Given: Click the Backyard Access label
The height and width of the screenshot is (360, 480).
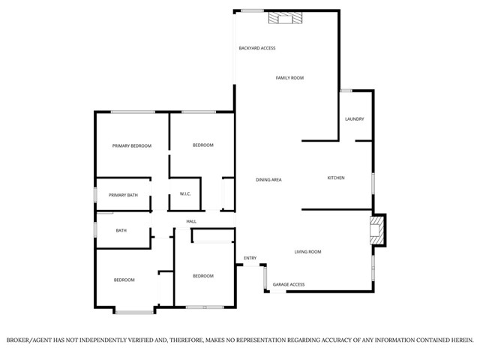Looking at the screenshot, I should pos(257,48).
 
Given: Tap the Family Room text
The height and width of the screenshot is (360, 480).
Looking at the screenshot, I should pos(289,78).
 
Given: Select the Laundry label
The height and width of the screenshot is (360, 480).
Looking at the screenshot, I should pos(355,119).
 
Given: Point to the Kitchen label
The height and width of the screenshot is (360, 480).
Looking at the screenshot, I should pos(335,178).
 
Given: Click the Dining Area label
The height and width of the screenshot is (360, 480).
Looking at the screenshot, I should pos(268,180).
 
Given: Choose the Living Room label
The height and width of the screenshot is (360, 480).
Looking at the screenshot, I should pos(307,252).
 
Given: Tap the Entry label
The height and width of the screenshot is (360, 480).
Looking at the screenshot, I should pos(250,259).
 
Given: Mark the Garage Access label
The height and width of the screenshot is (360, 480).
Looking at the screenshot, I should pos(288,285).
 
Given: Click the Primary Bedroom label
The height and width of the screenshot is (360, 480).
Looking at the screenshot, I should pos(132,145).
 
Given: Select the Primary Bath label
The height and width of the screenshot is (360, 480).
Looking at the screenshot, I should pos(123,196).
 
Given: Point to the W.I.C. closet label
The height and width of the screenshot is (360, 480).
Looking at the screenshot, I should pos(185,195).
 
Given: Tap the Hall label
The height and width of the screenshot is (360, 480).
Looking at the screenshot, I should pos(191,221).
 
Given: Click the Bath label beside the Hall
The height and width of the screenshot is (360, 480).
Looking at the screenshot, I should pos(121,231).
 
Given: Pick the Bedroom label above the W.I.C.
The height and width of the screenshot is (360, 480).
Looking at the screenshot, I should pos(202,145).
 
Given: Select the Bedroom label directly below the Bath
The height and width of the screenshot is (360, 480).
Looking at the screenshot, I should pos(124,280).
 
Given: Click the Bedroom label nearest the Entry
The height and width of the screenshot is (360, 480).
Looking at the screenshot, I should pos(202,276).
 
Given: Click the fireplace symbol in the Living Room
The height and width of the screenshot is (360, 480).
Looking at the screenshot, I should pos(378,230).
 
